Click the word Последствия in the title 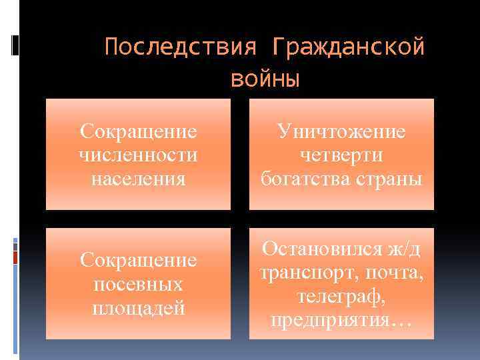click(181, 48)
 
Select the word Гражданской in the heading click(348, 48)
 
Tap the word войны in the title click(265, 79)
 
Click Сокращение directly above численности click(138, 131)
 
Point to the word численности click(138, 155)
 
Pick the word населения click(138, 179)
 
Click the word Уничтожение click(341, 131)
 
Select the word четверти click(341, 155)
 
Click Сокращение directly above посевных click(138, 260)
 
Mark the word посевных click(138, 284)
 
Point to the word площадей click(138, 308)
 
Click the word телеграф click(341, 296)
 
